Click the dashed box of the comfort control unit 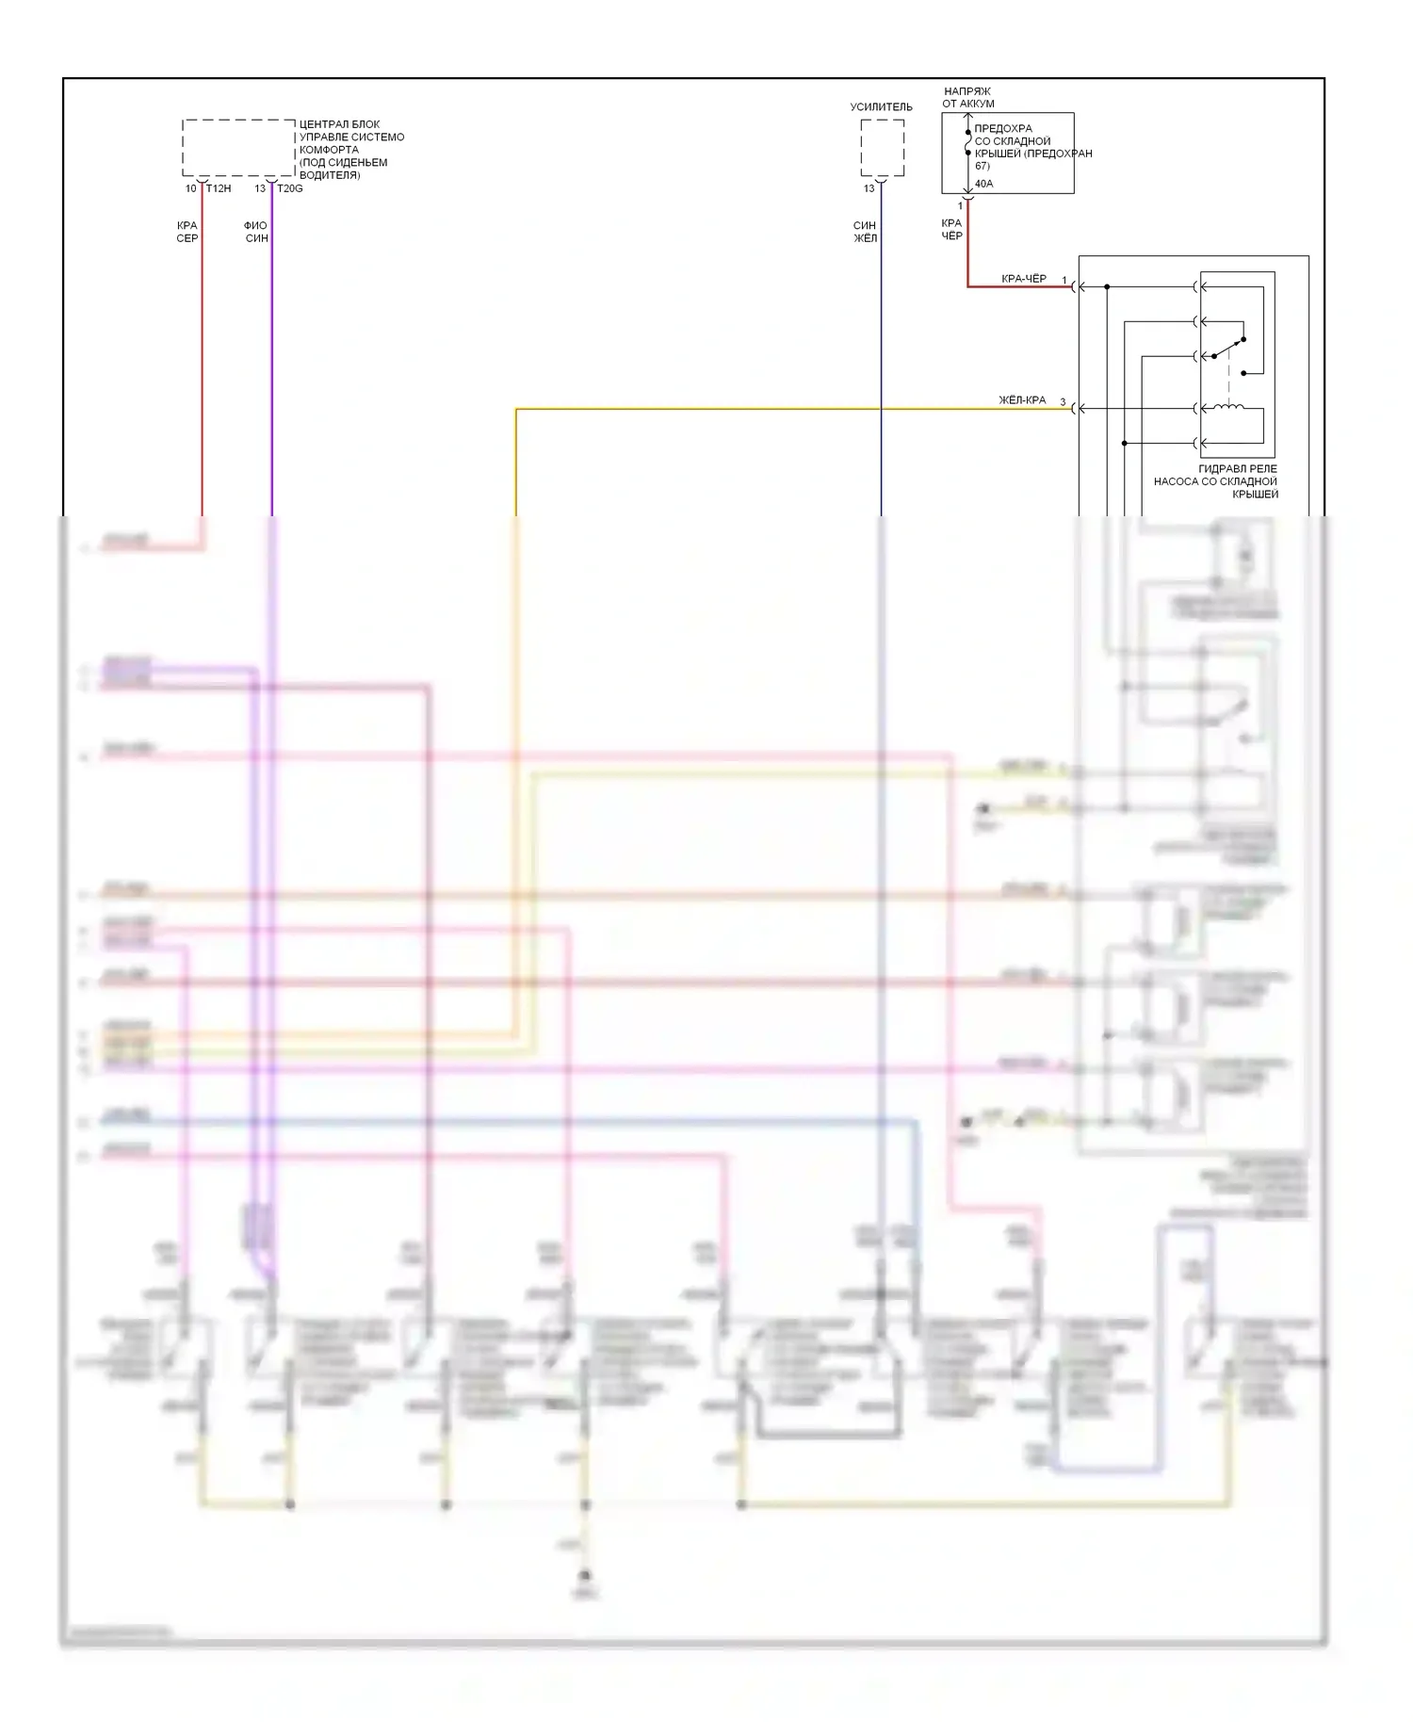coord(238,147)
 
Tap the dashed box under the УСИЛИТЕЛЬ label coord(882,148)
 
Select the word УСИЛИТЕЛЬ coord(881,107)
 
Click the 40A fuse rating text coord(983,184)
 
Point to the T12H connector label coord(219,188)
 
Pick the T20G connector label coord(289,188)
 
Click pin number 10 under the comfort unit coord(191,188)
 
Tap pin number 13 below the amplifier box coord(869,188)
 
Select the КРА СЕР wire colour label coord(187,232)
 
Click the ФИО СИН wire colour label coord(256,232)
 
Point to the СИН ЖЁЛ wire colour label coord(865,232)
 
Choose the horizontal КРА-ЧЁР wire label coord(1023,279)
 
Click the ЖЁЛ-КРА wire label coord(1022,400)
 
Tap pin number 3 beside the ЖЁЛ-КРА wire coord(1063,403)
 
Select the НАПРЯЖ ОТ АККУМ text coord(968,98)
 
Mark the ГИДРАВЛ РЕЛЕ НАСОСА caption coord(1216,481)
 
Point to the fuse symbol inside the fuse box coord(967,142)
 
